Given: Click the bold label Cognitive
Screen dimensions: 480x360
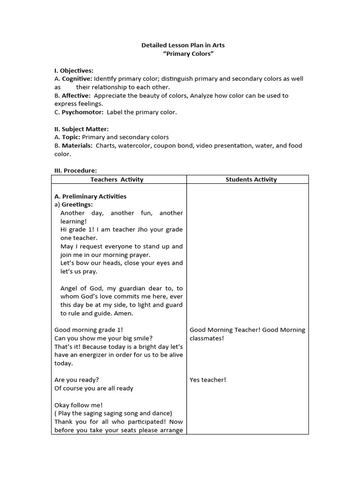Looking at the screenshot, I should click(77, 79).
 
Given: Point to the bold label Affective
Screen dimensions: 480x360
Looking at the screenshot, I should click(76, 96).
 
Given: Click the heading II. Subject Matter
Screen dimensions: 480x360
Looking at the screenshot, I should click(82, 129).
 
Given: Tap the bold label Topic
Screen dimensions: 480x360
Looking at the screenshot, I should click(71, 137).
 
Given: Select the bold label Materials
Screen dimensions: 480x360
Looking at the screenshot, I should click(77, 146).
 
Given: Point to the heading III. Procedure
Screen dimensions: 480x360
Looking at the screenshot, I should click(76, 171).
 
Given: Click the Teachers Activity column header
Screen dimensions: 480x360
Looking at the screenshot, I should click(117, 180).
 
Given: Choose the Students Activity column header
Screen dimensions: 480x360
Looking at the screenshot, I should click(251, 180).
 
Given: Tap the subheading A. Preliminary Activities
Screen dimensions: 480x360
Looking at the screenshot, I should click(90, 196).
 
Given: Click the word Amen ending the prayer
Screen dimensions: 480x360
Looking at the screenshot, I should click(124, 313).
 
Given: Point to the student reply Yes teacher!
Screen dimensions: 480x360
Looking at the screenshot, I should click(208, 380).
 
